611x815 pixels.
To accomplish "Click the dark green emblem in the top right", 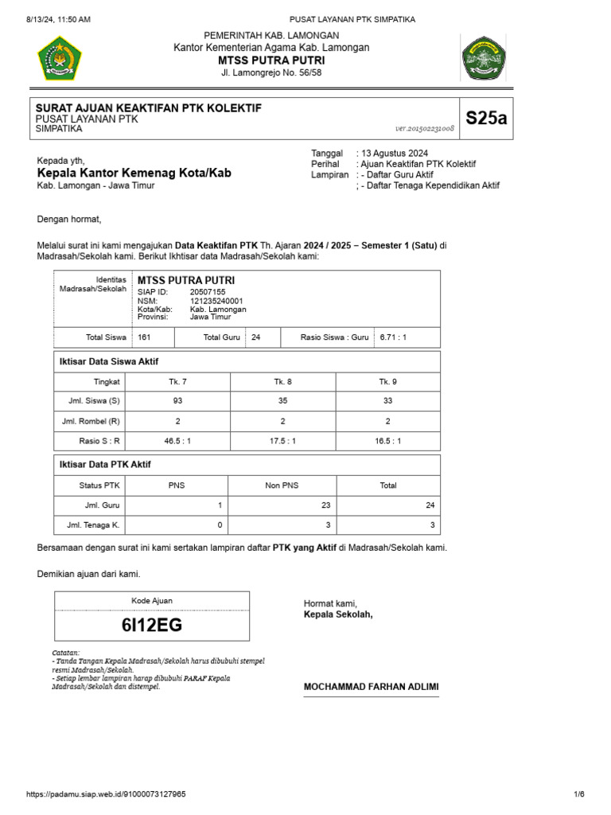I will click(483, 58).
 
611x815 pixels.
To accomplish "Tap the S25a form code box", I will click(485, 119).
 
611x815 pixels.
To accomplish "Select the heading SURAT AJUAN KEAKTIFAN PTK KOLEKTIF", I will click(149, 107).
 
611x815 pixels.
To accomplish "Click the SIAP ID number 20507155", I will click(208, 292).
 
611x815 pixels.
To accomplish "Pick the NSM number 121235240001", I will click(216, 301).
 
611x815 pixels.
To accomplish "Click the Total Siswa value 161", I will click(144, 337).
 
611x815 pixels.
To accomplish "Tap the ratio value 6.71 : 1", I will click(394, 337).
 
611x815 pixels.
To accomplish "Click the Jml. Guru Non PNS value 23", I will click(325, 505).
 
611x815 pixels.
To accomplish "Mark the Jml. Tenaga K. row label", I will click(91, 525).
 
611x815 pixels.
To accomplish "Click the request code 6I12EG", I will click(151, 625).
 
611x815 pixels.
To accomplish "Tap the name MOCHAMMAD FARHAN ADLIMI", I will click(371, 687).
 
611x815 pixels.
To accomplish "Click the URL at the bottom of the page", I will click(107, 794).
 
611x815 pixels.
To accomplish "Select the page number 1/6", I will click(579, 794).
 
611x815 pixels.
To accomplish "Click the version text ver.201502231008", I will click(425, 128).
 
